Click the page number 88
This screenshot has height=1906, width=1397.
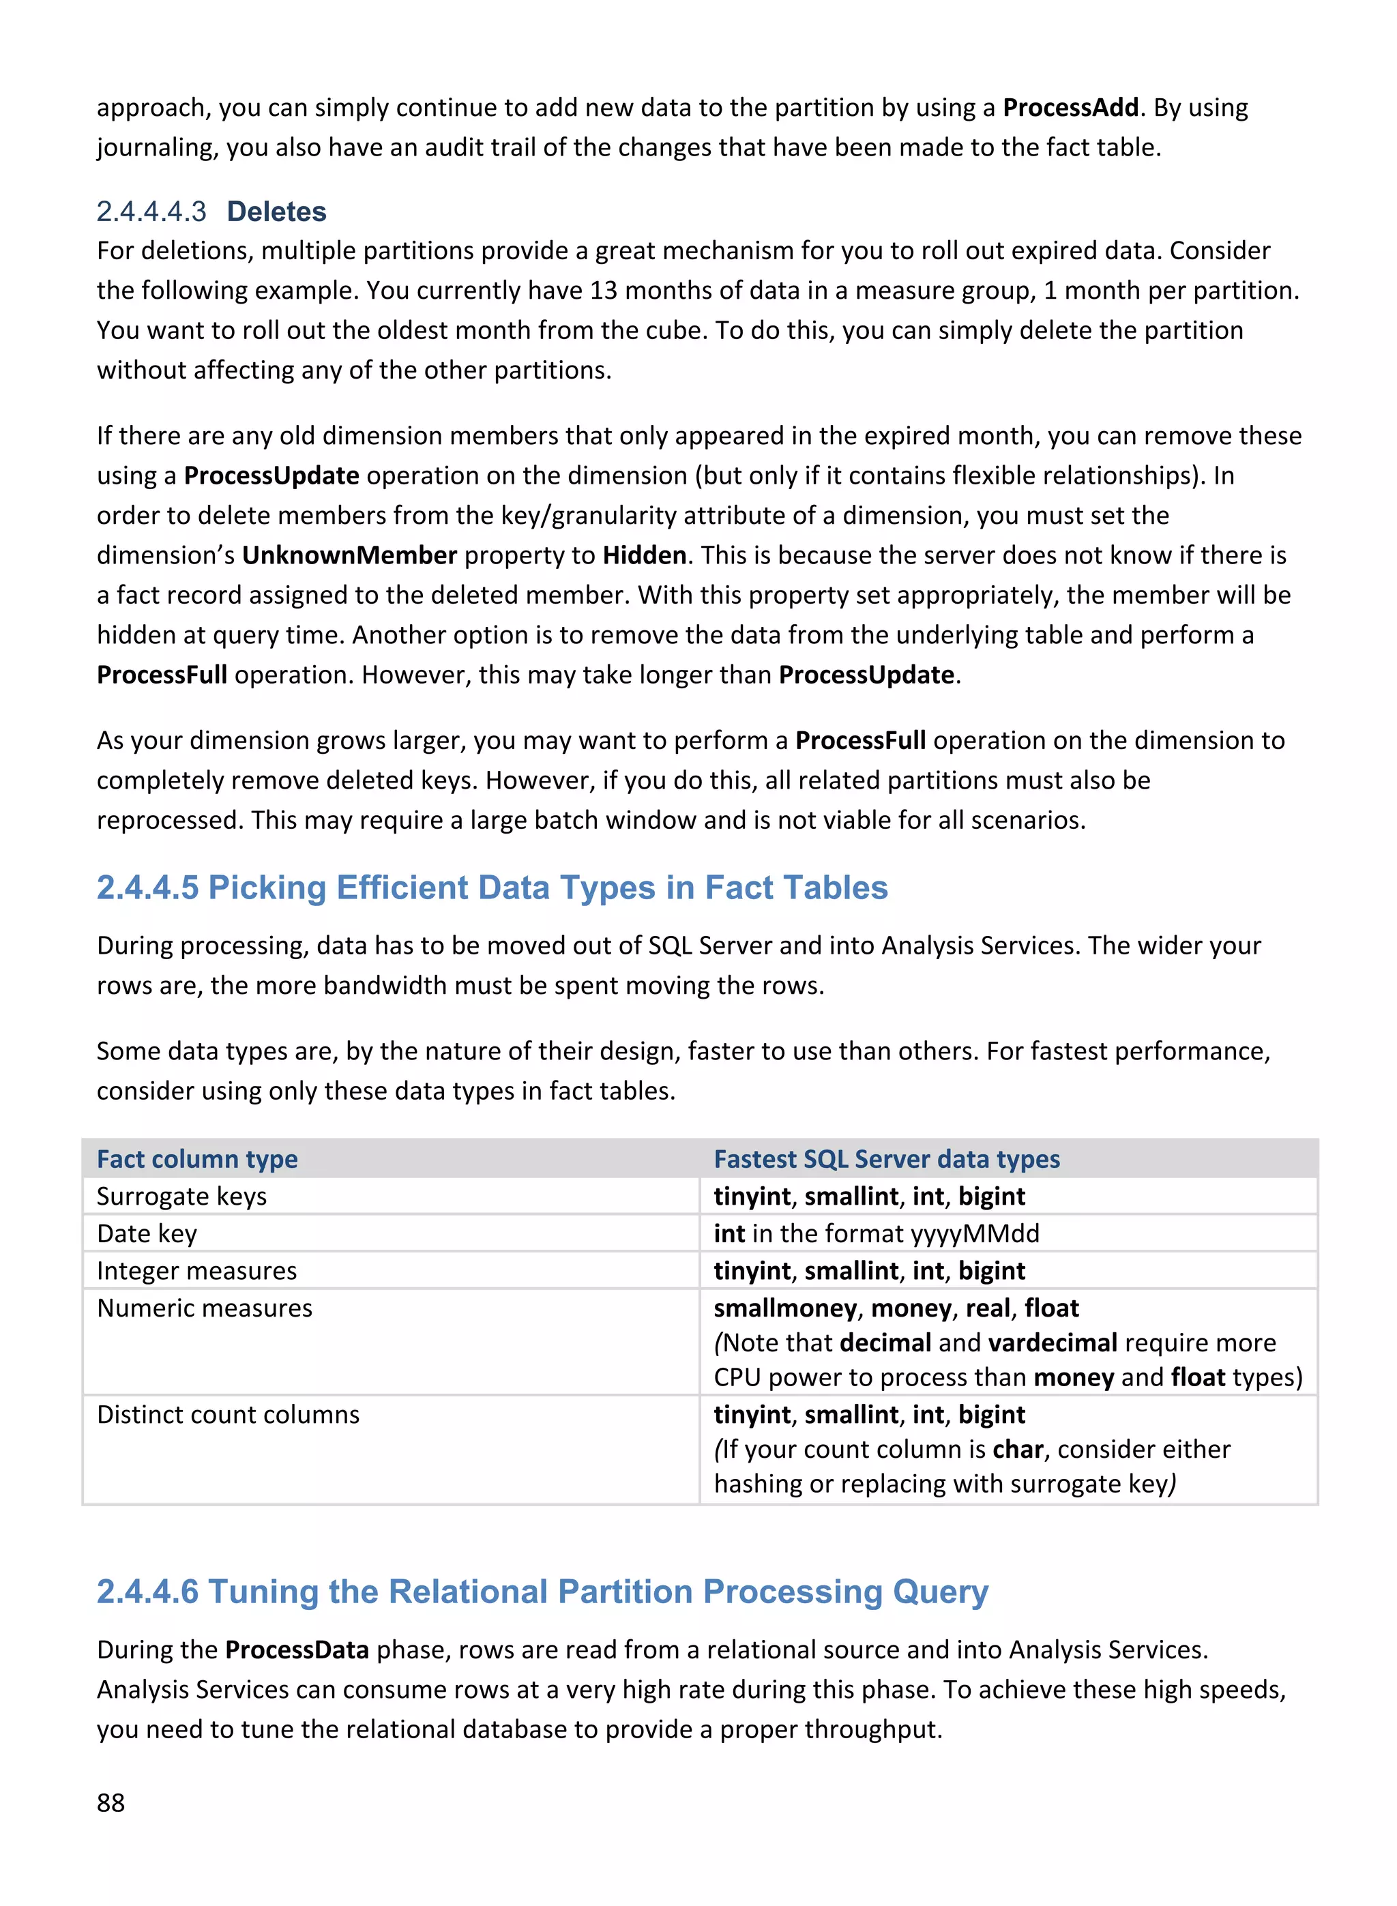coord(111,1804)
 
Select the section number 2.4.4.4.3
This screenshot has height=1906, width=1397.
coord(151,211)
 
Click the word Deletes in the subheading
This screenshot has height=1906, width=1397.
coord(276,211)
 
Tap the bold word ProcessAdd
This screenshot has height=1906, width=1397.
coord(1070,108)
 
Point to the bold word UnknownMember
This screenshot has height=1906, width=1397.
coord(349,555)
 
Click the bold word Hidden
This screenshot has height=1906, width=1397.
coord(645,555)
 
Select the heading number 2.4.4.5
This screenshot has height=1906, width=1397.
coord(147,888)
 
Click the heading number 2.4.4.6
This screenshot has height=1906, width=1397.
coord(147,1592)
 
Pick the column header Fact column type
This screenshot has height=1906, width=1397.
coord(197,1159)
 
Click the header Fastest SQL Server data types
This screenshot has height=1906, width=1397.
coord(886,1159)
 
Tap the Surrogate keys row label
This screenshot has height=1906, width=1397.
coord(182,1197)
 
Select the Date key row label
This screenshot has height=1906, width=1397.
coord(147,1234)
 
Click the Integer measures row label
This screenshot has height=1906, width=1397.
coord(197,1271)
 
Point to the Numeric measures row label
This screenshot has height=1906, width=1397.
coord(205,1308)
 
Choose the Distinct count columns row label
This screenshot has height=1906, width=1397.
coord(229,1415)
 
